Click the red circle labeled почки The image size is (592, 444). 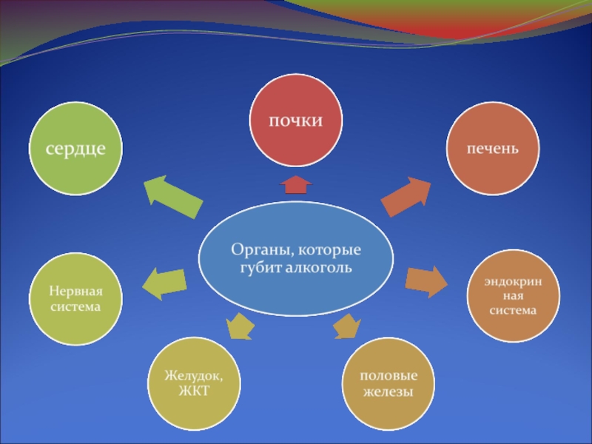[x=296, y=121]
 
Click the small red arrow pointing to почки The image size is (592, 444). [x=296, y=184]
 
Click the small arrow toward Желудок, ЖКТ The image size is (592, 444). [x=240, y=325]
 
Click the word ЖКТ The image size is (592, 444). [x=193, y=391]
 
